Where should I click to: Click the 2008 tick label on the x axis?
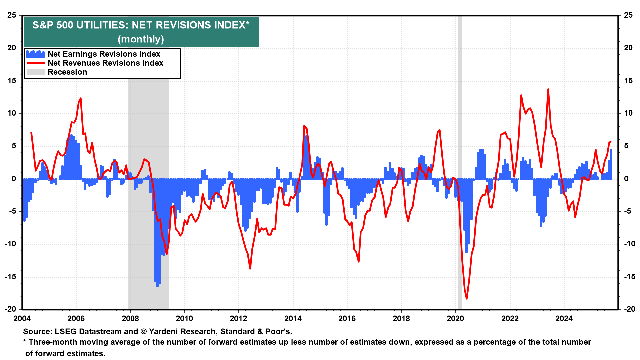coord(130,319)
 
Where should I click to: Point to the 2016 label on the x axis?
coord(347,319)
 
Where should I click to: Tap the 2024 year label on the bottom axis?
coord(564,319)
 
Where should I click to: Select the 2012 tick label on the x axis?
coord(239,319)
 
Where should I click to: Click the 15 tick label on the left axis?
coord(12,81)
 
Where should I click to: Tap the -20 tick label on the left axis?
coord(11,309)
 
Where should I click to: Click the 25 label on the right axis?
coord(628,15)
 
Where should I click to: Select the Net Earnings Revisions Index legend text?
coord(104,54)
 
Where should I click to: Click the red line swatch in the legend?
coord(35,63)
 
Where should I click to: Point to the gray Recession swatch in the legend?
coord(35,72)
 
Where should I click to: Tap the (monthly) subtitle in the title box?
coord(141,39)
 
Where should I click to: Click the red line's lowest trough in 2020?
coord(466,298)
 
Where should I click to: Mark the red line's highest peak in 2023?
coord(548,89)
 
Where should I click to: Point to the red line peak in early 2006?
coord(81,98)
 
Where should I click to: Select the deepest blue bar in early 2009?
coord(157,286)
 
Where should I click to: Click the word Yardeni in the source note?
coord(164,332)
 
